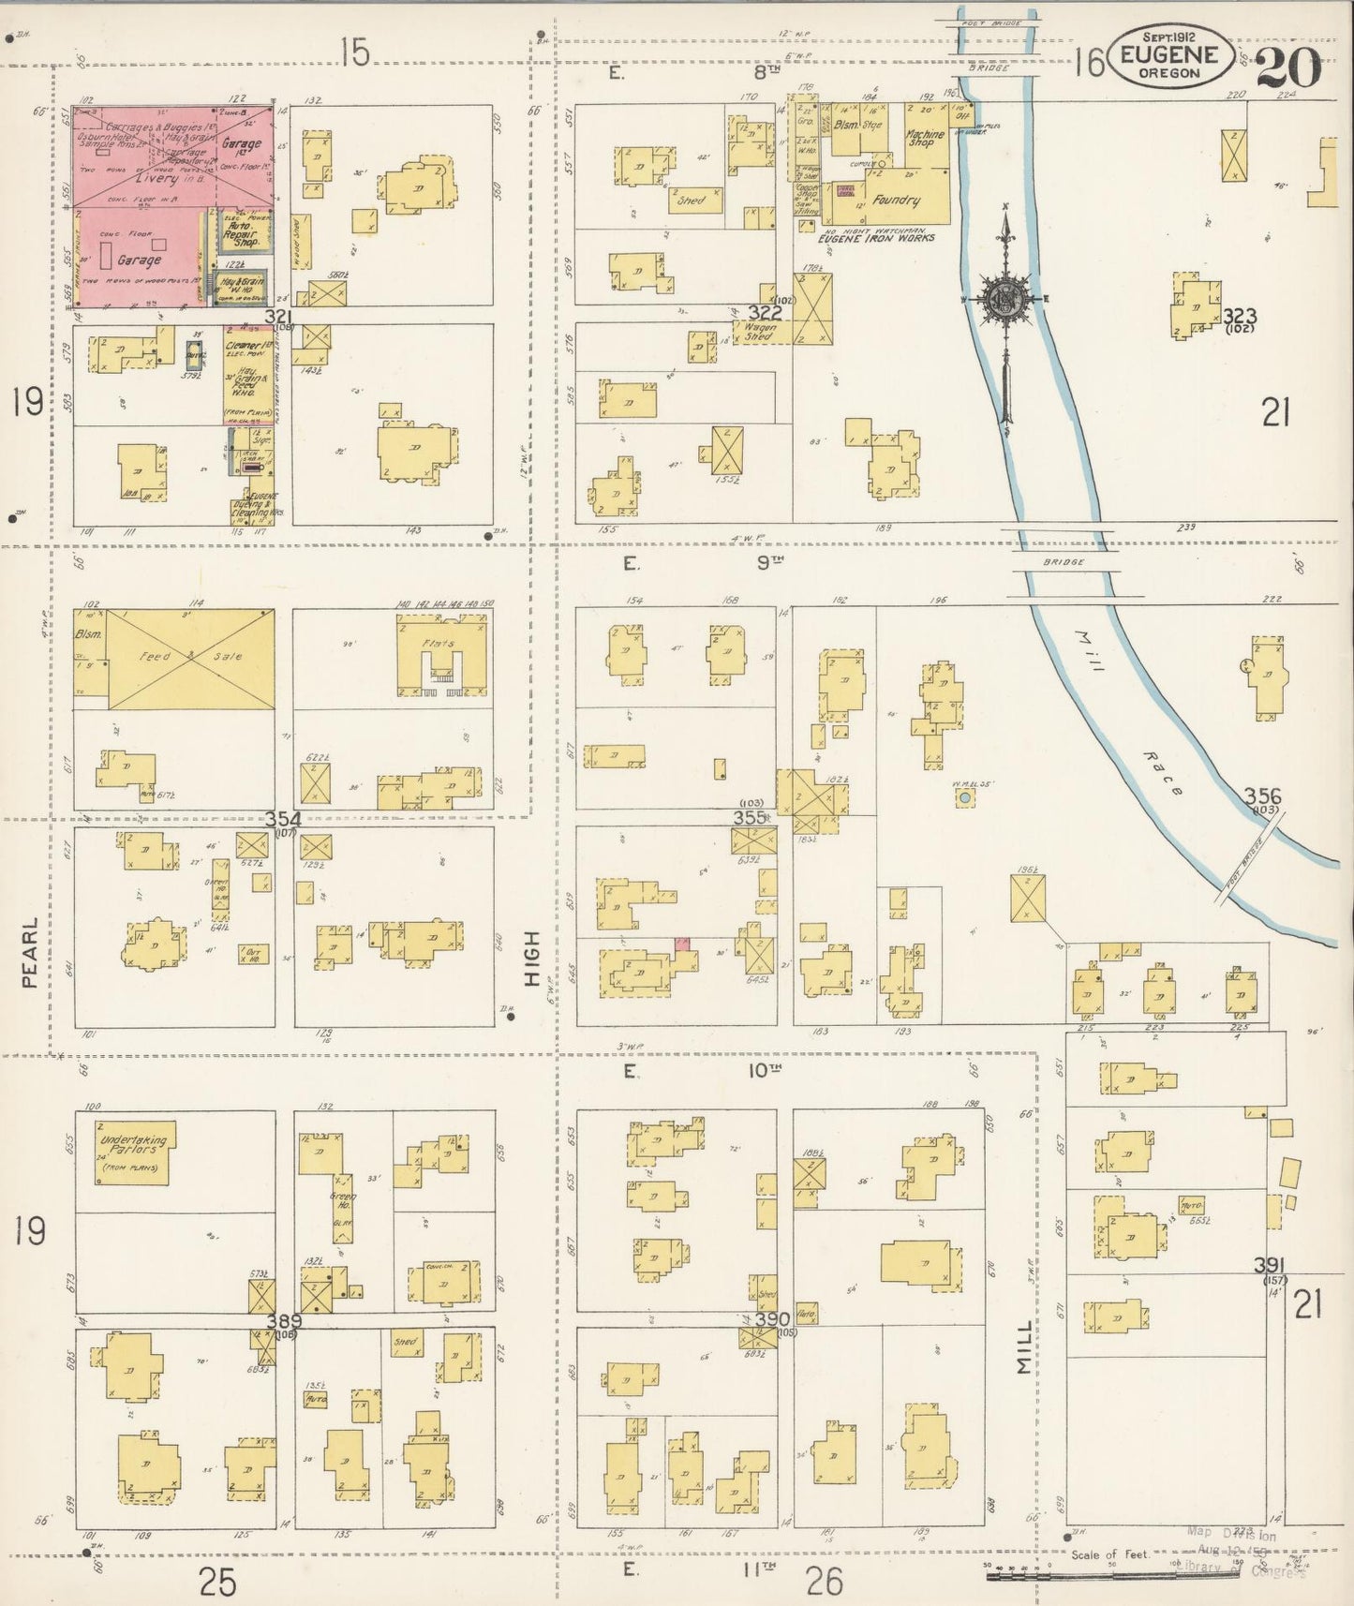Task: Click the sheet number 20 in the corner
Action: tap(1288, 67)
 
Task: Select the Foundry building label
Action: tap(897, 200)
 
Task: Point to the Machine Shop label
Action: tap(924, 138)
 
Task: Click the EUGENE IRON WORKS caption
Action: tap(876, 238)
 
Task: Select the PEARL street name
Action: tap(30, 953)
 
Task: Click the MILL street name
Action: tap(1024, 1348)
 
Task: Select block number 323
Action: tap(1239, 316)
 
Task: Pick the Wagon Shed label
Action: tap(756, 332)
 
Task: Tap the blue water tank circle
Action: tap(964, 797)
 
